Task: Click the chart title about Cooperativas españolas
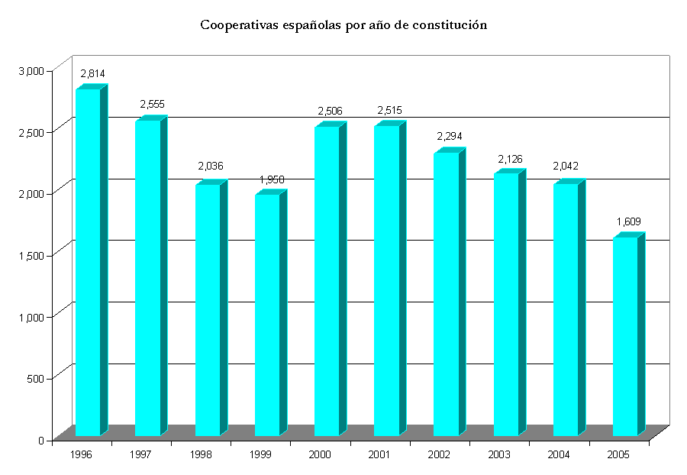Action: click(x=343, y=25)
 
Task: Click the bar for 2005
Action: click(x=625, y=337)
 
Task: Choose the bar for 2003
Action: click(x=506, y=305)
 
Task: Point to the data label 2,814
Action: click(x=92, y=74)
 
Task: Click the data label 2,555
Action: click(x=152, y=105)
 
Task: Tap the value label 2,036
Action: click(x=211, y=166)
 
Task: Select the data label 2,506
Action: click(x=330, y=111)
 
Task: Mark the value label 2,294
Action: click(x=450, y=137)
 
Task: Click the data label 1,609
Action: click(x=629, y=222)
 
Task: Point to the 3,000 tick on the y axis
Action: click(x=32, y=70)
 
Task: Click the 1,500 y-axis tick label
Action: click(x=32, y=255)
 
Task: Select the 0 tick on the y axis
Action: click(x=44, y=440)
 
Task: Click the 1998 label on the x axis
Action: click(x=200, y=454)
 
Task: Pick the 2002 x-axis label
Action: click(x=439, y=454)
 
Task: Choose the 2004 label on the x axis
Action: click(x=558, y=454)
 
